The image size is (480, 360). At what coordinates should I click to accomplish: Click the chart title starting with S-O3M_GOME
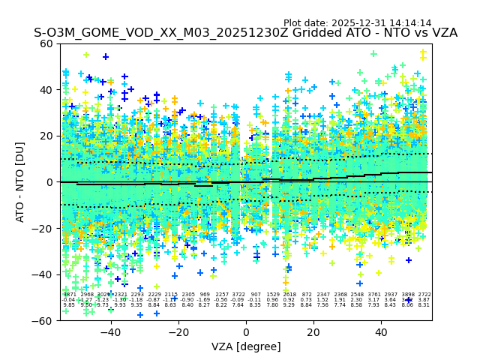(245, 33)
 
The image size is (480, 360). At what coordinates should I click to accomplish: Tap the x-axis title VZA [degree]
(246, 346)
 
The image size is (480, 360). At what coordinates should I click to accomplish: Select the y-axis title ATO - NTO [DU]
(20, 182)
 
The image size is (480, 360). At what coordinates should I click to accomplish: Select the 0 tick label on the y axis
(51, 182)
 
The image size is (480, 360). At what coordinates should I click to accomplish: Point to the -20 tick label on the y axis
(44, 228)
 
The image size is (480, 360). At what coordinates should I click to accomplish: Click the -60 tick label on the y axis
(44, 320)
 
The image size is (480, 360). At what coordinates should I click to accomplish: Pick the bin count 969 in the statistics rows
(205, 295)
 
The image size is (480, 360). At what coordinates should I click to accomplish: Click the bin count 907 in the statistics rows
(256, 295)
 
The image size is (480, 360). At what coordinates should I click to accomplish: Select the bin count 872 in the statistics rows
(307, 295)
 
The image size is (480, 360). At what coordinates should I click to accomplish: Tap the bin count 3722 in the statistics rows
(238, 295)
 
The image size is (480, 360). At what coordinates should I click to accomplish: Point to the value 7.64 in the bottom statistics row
(238, 305)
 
